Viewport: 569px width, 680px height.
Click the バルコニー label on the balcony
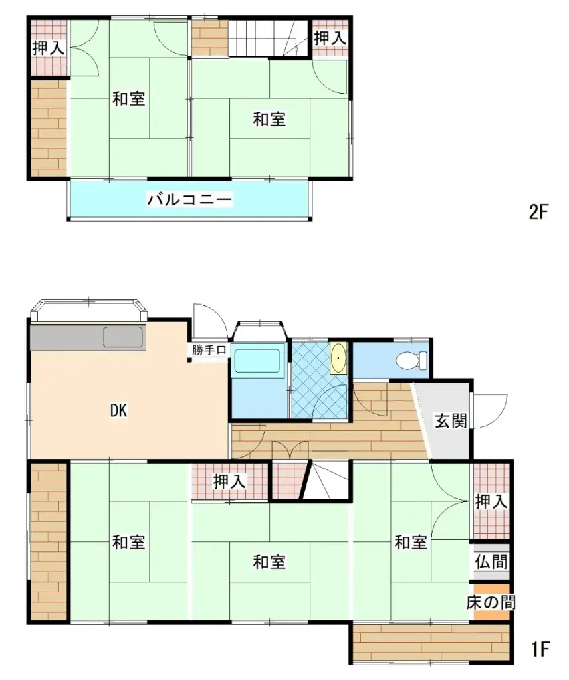coord(190,199)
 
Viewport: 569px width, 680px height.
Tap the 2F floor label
coord(538,212)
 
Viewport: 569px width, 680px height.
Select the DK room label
coord(118,411)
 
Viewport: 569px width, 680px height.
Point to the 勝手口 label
coord(209,350)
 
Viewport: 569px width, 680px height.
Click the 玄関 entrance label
coord(451,420)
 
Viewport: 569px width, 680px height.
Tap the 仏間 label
coord(492,562)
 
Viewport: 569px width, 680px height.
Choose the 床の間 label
coord(491,603)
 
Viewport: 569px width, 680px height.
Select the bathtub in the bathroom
coord(258,362)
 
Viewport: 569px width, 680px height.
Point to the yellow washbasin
coord(339,359)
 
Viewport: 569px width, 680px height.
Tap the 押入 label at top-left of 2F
coord(49,48)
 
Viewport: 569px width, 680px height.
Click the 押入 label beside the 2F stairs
coord(330,39)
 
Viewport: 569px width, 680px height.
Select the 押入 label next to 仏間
coord(491,502)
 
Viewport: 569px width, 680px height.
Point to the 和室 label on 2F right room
coord(269,120)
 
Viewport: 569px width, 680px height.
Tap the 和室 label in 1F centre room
coord(269,562)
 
